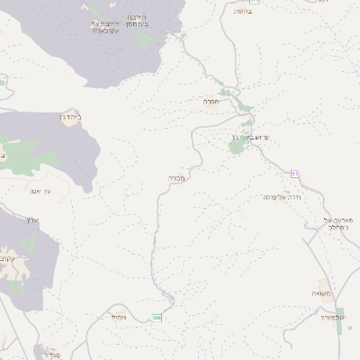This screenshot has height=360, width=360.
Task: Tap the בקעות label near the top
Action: [x=243, y=11]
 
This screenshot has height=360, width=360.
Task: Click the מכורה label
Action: [x=175, y=178]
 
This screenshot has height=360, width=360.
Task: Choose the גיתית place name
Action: [x=120, y=317]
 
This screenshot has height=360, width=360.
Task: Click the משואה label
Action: [x=322, y=294]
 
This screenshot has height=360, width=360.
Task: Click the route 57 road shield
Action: [x=294, y=173]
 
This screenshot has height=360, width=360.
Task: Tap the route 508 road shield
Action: [x=157, y=318]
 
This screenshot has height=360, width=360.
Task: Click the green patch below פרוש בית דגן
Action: [x=237, y=146]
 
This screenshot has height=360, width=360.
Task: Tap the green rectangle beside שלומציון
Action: [x=340, y=325]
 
